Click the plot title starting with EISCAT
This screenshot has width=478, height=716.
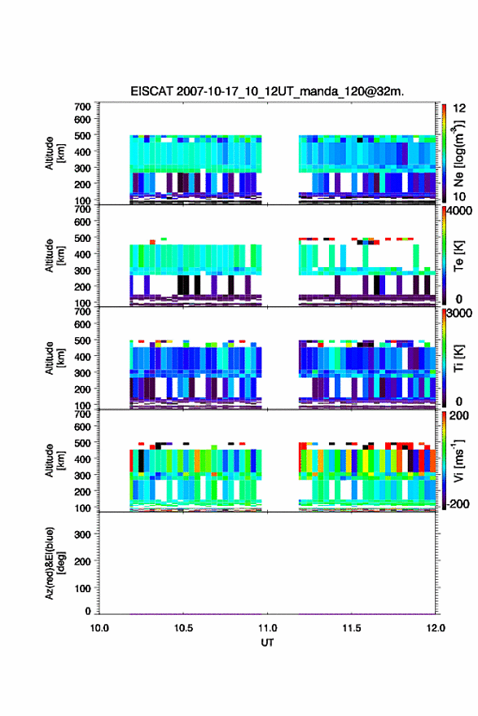coord(267,91)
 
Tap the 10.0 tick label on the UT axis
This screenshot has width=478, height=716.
coord(99,628)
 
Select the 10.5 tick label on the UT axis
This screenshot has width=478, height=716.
coord(183,628)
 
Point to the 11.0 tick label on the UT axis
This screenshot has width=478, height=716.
coord(267,628)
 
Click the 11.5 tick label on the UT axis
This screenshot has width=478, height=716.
coord(352,628)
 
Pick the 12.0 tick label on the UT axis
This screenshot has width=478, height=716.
coord(436,628)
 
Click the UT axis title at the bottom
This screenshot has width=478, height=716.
coord(267,643)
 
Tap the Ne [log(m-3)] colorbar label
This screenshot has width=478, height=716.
coord(458,153)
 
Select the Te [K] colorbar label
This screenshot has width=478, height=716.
coord(458,256)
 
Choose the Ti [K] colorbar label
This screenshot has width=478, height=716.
coord(458,358)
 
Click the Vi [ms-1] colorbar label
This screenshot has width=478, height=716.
coord(458,460)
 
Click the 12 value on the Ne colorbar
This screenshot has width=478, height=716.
coord(460,108)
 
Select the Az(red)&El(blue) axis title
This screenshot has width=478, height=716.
coord(55,563)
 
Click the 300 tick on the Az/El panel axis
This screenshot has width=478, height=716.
coord(83,534)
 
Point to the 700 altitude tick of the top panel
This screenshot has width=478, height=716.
coord(82,107)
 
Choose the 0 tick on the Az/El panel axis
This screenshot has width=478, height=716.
coord(88,611)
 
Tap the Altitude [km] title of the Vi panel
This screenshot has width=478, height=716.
coord(55,460)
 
